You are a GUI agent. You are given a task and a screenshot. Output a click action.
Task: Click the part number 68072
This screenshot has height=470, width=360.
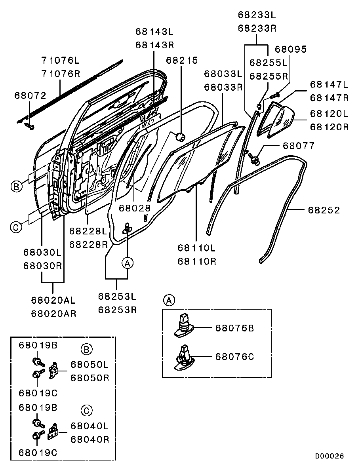click(x=30, y=95)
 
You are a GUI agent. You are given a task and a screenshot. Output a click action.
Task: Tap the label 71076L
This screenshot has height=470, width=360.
click(x=60, y=61)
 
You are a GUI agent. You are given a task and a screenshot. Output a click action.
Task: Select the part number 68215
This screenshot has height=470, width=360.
click(x=182, y=61)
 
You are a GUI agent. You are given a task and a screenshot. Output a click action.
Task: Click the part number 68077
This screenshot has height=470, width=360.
click(x=299, y=146)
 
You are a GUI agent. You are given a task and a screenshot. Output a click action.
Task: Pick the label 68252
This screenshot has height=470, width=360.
click(x=324, y=210)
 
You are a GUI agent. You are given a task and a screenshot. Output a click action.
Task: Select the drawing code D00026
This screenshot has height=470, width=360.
click(x=330, y=456)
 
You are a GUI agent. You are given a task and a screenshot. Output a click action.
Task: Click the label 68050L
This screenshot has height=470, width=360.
click(x=90, y=364)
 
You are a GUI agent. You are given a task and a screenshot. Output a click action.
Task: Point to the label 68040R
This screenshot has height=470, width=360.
click(x=90, y=439)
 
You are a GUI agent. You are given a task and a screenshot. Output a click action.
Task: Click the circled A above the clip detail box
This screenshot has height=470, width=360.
click(x=169, y=301)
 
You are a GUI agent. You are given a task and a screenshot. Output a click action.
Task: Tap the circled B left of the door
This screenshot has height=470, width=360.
click(x=16, y=186)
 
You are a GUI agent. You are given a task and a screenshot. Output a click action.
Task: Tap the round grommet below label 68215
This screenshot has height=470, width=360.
click(x=181, y=137)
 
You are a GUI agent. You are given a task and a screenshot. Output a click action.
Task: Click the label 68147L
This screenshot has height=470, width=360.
click(x=329, y=84)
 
